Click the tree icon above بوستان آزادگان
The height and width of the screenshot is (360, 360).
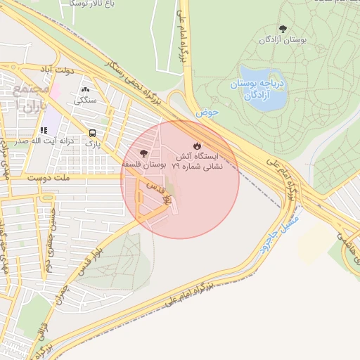click(283, 30)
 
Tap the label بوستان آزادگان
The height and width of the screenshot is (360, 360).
click(283, 41)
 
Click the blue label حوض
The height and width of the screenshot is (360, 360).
click(208, 112)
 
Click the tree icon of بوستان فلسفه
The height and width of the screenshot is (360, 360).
click(143, 153)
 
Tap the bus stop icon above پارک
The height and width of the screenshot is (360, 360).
click(93, 134)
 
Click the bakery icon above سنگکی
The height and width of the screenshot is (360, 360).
click(86, 90)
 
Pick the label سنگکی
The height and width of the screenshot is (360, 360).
click(86, 101)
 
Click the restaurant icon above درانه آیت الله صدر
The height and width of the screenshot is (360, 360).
click(44, 130)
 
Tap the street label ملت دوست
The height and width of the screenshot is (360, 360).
click(49, 179)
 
